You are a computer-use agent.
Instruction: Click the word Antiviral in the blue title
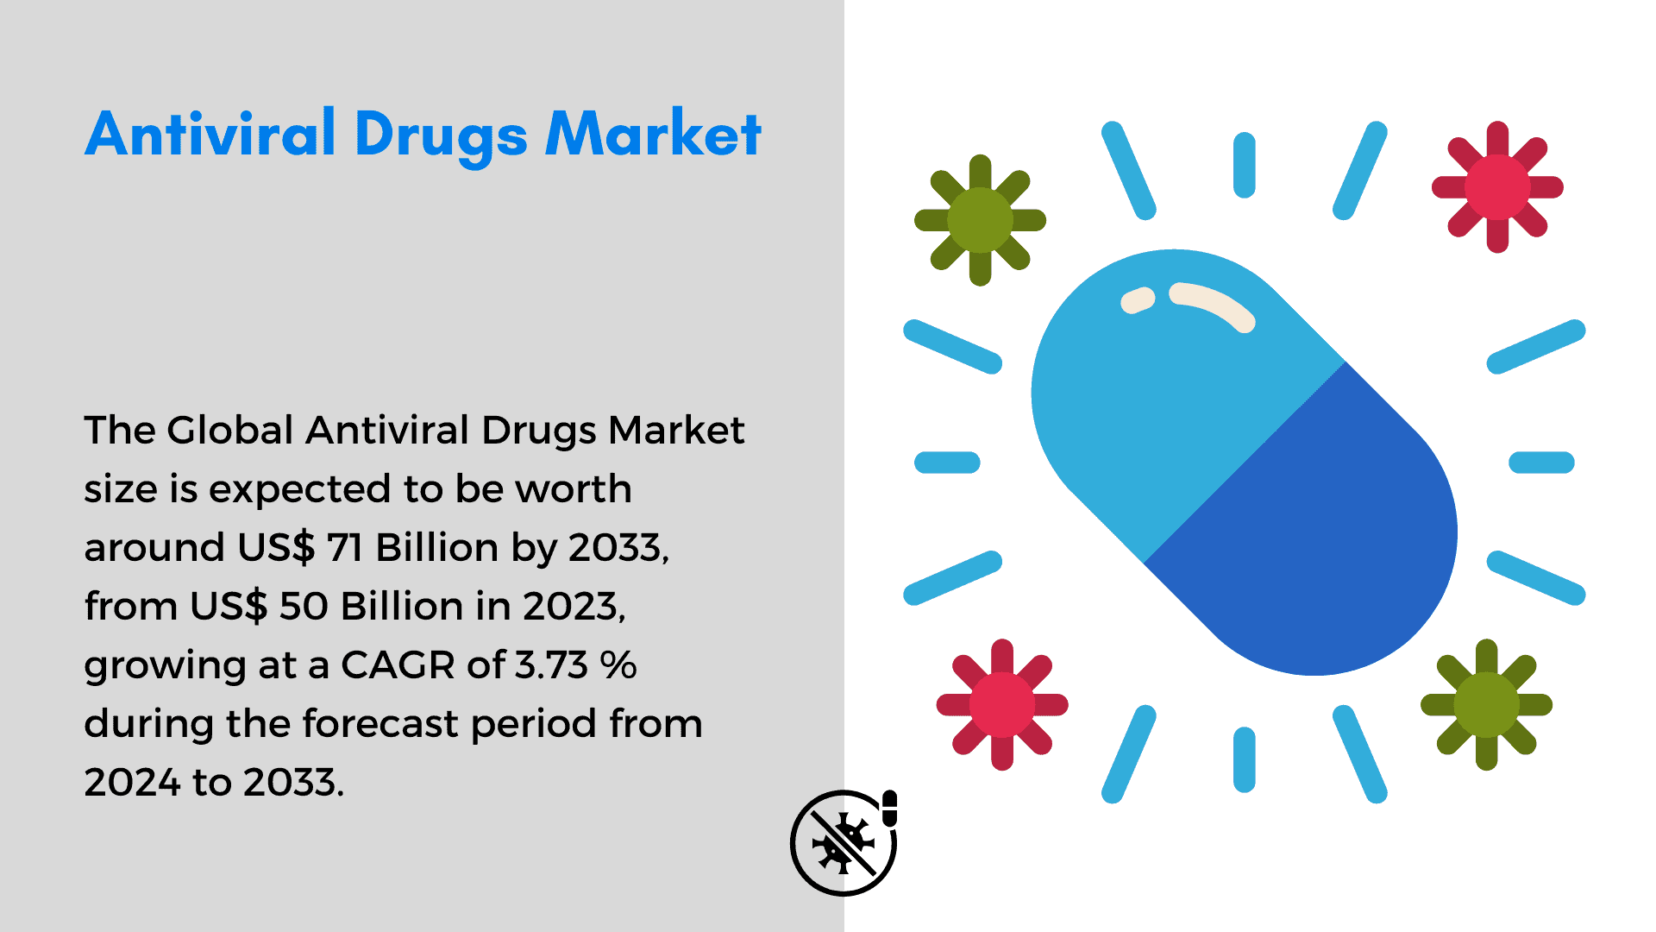(x=210, y=134)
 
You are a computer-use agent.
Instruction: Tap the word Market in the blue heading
(x=654, y=134)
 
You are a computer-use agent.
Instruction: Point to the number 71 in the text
(x=344, y=547)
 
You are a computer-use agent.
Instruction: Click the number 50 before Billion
(x=304, y=606)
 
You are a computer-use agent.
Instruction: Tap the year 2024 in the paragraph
(x=132, y=782)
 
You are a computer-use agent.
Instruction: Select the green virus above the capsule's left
(x=980, y=220)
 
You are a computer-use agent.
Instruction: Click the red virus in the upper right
(x=1497, y=187)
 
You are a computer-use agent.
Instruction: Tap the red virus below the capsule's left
(x=1002, y=704)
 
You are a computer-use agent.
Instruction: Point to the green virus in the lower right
(x=1486, y=704)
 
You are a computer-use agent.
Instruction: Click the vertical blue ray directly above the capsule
(x=1244, y=165)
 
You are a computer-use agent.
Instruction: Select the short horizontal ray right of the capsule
(x=1541, y=463)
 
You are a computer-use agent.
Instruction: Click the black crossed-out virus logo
(x=844, y=842)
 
